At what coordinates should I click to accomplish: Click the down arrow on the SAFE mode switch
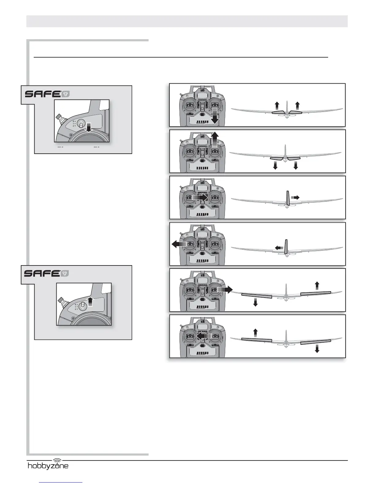(89, 128)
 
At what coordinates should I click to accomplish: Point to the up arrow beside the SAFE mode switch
(90, 301)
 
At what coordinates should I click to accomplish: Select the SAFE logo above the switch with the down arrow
(47, 94)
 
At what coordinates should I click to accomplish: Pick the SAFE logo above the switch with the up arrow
(46, 273)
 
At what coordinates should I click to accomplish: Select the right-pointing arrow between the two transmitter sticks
(200, 197)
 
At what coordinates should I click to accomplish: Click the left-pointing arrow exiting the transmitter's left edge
(179, 244)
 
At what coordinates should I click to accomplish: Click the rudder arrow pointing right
(295, 197)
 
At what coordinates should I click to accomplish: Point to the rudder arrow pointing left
(279, 247)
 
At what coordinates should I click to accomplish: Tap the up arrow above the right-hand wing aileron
(317, 286)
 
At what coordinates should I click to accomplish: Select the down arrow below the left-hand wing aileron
(255, 302)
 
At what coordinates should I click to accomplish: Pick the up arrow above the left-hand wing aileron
(255, 332)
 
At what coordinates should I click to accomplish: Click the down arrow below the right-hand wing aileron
(317, 348)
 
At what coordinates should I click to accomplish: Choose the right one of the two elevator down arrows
(296, 166)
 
